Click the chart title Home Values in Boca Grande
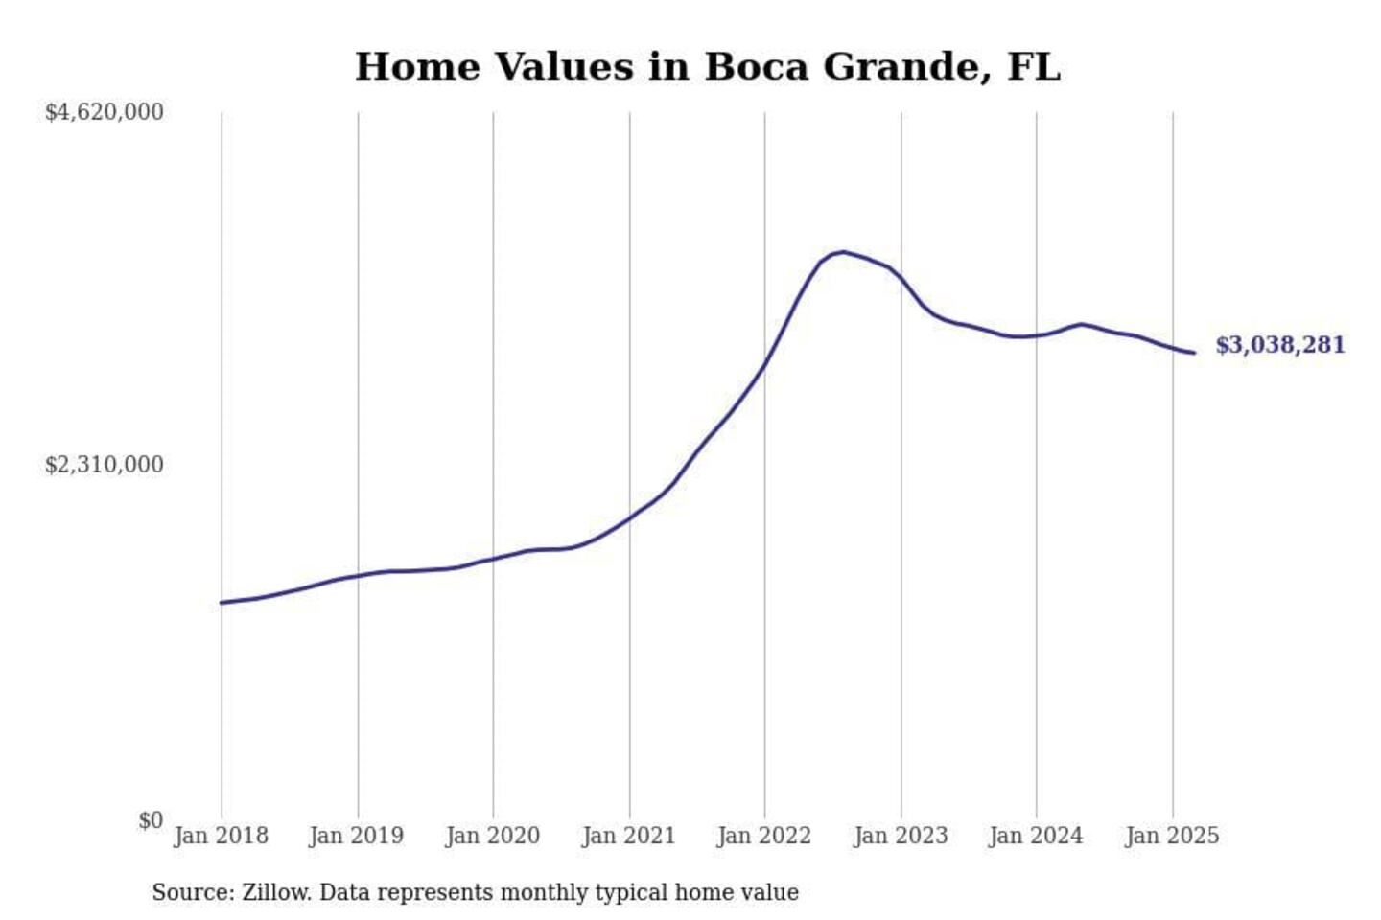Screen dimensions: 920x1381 click(x=707, y=67)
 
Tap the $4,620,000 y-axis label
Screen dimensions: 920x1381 click(x=104, y=112)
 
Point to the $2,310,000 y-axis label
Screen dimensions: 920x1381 click(x=104, y=465)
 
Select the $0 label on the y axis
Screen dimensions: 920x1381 click(x=151, y=820)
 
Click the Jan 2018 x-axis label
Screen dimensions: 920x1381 click(x=221, y=836)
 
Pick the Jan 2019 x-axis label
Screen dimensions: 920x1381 click(x=357, y=836)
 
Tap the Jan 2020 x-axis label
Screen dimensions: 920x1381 click(x=493, y=836)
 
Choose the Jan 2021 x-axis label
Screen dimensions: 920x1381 click(x=629, y=836)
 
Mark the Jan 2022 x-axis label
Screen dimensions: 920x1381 click(x=764, y=836)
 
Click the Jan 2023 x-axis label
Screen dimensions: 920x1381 click(x=901, y=836)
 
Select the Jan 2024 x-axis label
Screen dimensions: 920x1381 click(x=1036, y=836)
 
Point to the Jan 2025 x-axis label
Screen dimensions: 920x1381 click(x=1172, y=836)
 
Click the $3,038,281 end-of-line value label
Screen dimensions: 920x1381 click(x=1280, y=345)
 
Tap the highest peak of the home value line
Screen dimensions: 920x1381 click(x=842, y=252)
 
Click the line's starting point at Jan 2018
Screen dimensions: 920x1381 click(x=222, y=603)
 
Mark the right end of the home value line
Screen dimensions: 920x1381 click(x=1194, y=353)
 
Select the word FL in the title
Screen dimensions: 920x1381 click(x=1034, y=67)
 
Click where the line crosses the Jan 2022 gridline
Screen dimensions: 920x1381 click(x=765, y=363)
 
